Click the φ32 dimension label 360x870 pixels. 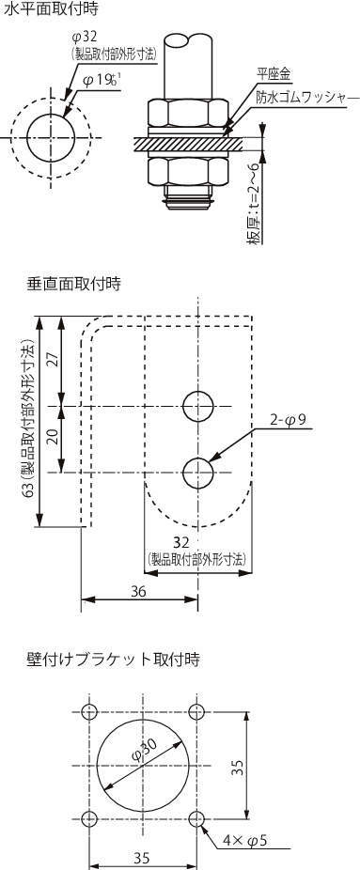click(85, 38)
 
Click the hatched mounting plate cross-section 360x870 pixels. click(188, 143)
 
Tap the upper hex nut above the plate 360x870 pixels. click(189, 114)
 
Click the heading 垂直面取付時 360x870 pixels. click(73, 284)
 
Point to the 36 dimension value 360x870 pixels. click(139, 592)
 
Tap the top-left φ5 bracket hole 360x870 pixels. click(88, 711)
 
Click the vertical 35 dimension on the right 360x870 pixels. click(238, 767)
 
